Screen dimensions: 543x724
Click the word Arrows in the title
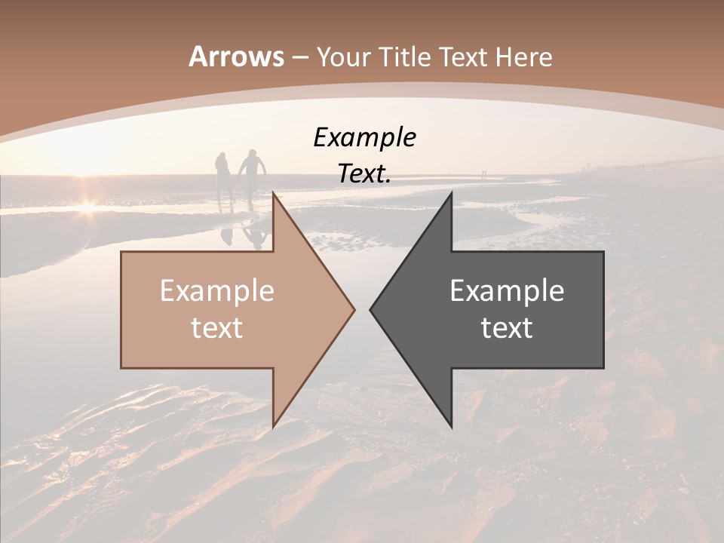[236, 57]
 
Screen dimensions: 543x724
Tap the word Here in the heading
[523, 57]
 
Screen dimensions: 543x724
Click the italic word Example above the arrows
[364, 138]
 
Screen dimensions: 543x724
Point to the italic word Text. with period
[364, 174]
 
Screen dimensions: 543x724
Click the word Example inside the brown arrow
[216, 291]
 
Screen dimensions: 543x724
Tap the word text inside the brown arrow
[216, 328]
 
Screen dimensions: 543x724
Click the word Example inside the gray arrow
[507, 291]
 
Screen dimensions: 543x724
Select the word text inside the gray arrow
[507, 328]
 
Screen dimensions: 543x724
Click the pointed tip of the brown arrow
[353, 309]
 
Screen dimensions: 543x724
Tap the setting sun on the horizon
[87, 205]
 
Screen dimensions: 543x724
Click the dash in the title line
[299, 57]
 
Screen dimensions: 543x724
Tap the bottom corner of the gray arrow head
[451, 425]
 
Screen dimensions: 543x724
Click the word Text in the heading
[465, 57]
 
